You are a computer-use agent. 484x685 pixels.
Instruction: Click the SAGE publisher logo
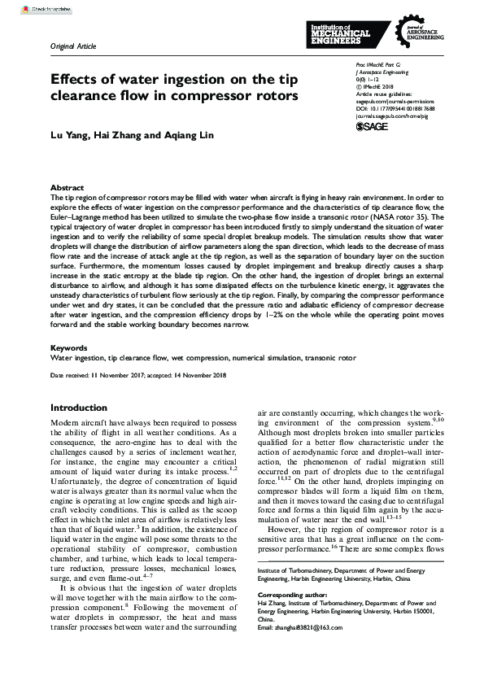(x=373, y=127)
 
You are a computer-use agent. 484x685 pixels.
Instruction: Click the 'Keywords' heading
(x=69, y=347)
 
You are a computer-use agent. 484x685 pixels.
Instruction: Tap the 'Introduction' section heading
(x=79, y=408)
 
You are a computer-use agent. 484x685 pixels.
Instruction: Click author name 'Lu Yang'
(x=69, y=135)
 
